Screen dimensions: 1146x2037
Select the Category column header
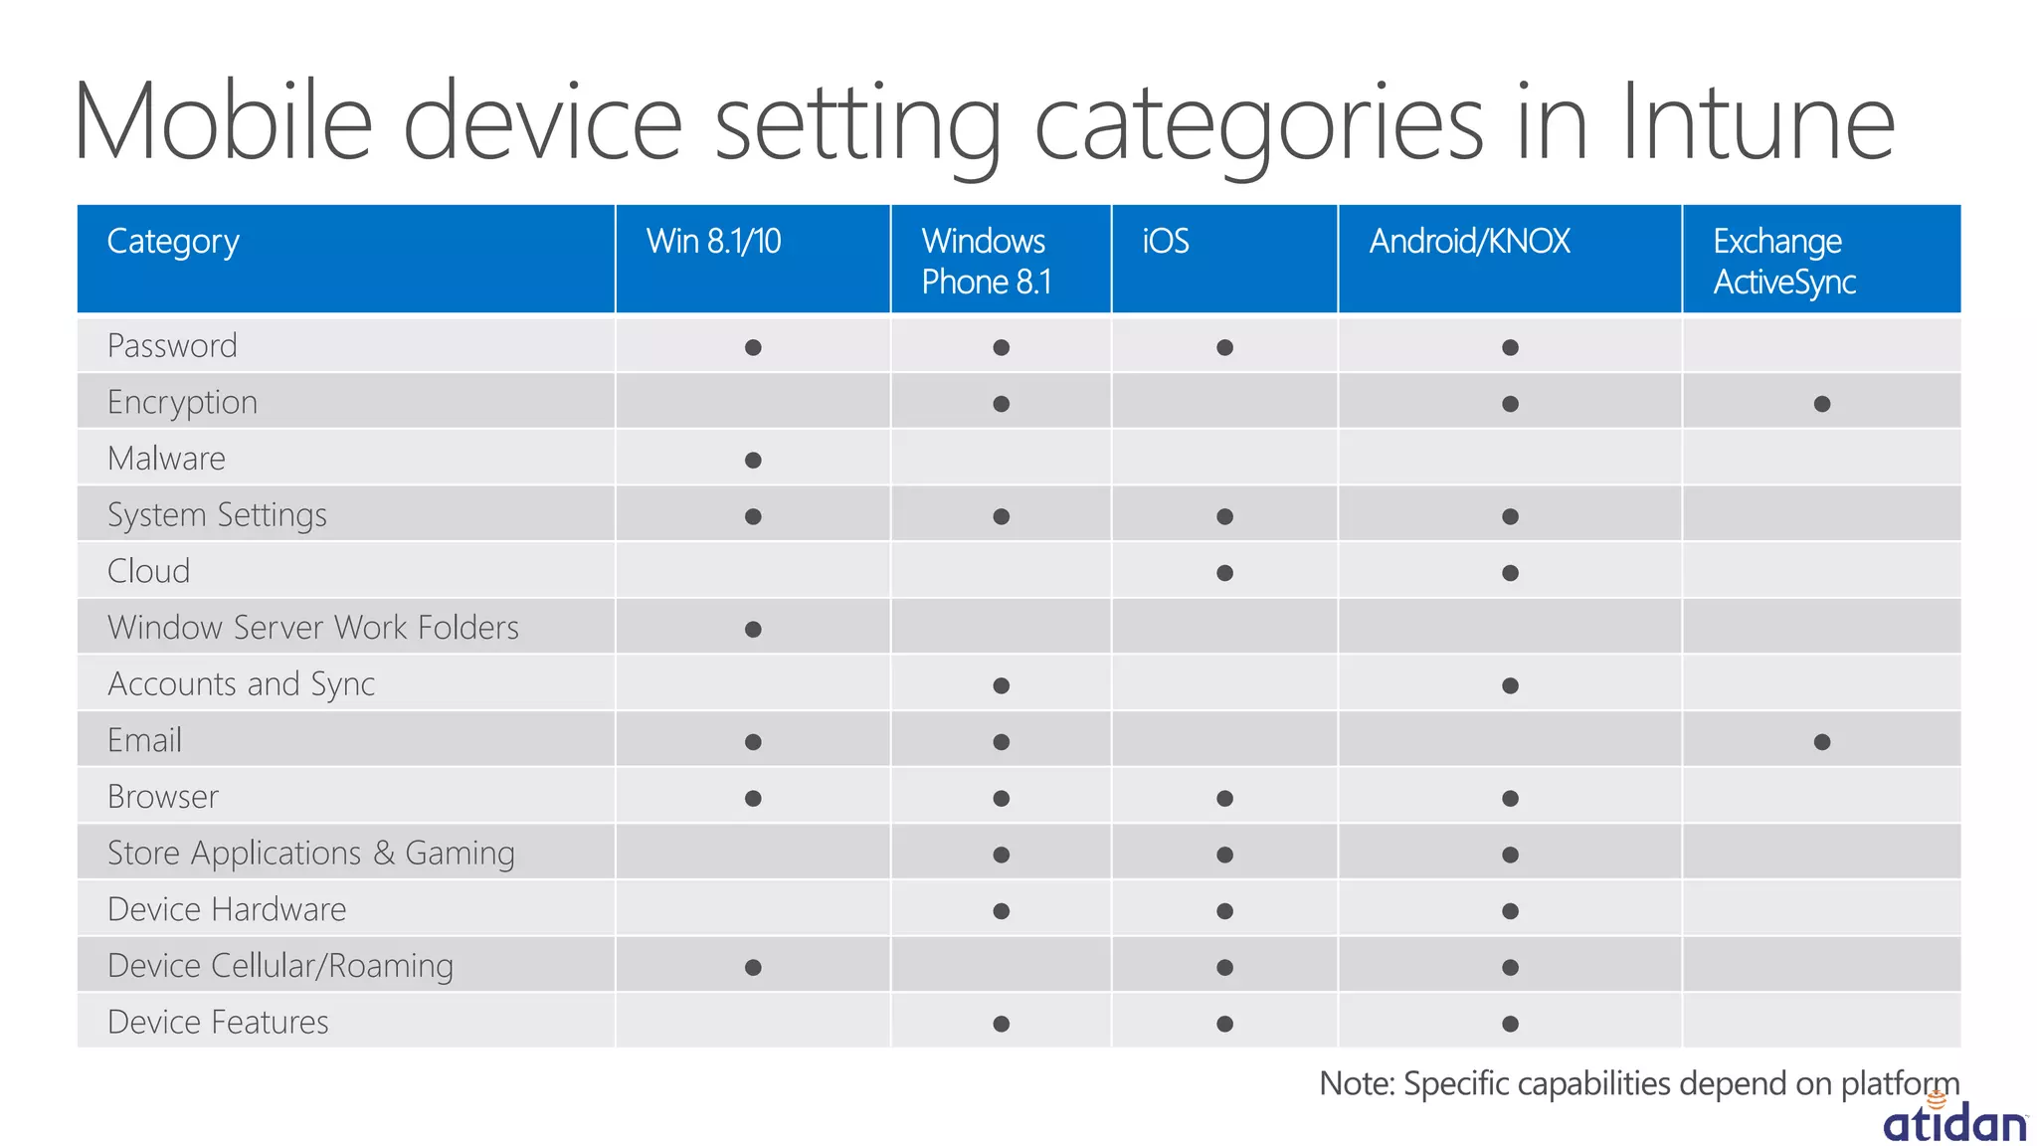click(x=173, y=242)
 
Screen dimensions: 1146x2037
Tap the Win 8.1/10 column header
click(x=713, y=242)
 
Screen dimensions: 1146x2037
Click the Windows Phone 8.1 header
click(x=985, y=262)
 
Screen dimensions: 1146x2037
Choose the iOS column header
click(x=1165, y=242)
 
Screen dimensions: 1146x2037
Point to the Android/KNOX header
click(x=1469, y=242)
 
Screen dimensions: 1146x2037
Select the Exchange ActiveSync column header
click(x=1783, y=262)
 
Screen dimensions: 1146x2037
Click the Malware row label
click(x=166, y=459)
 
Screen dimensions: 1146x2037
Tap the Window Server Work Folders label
click(x=312, y=628)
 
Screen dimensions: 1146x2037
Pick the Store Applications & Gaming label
click(x=310, y=854)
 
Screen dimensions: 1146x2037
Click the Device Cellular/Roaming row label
click(x=279, y=966)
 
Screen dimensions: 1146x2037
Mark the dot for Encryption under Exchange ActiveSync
click(x=1821, y=404)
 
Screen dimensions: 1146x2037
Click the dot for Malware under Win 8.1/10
click(x=753, y=460)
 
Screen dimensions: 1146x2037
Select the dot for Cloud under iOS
click(x=1224, y=573)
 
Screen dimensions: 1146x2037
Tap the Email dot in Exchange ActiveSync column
click(x=1821, y=742)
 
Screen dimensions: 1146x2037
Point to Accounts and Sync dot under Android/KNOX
click(x=1510, y=685)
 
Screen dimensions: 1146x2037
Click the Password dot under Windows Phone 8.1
click(x=1001, y=347)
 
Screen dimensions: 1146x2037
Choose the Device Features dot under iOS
click(x=1224, y=1024)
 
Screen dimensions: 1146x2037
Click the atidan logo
click(x=1953, y=1122)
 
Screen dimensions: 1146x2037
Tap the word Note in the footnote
click(x=1356, y=1083)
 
